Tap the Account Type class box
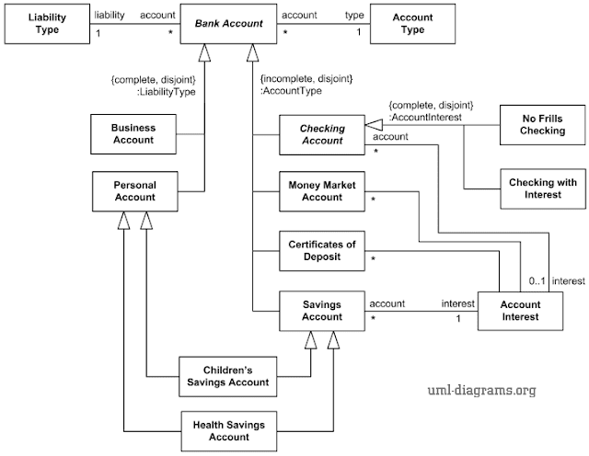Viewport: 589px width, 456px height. (x=414, y=23)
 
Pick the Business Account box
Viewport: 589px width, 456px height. (x=134, y=133)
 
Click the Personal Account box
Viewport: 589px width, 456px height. (x=134, y=190)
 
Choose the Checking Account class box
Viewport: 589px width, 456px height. (x=322, y=134)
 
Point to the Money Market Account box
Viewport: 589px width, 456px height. (x=322, y=190)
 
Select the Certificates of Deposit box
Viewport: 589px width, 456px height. (x=322, y=249)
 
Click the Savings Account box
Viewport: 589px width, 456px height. (x=322, y=310)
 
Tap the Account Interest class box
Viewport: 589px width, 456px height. (x=521, y=311)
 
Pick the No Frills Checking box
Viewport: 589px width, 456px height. (x=542, y=124)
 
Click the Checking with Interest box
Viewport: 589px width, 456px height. (x=542, y=188)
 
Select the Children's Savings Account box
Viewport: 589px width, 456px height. (x=225, y=375)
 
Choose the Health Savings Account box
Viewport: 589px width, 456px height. (x=225, y=430)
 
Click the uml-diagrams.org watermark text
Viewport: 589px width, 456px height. (x=482, y=390)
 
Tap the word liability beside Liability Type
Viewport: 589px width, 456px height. (x=110, y=15)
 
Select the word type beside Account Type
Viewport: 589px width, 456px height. (x=354, y=15)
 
